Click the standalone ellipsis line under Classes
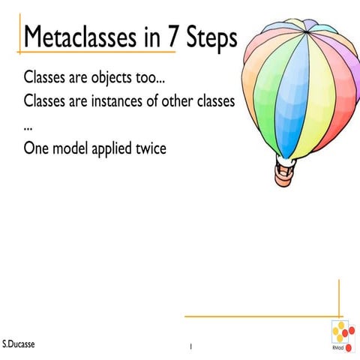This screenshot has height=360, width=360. [x=28, y=123]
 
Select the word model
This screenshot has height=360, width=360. [x=71, y=148]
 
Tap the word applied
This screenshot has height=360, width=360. [x=117, y=149]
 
